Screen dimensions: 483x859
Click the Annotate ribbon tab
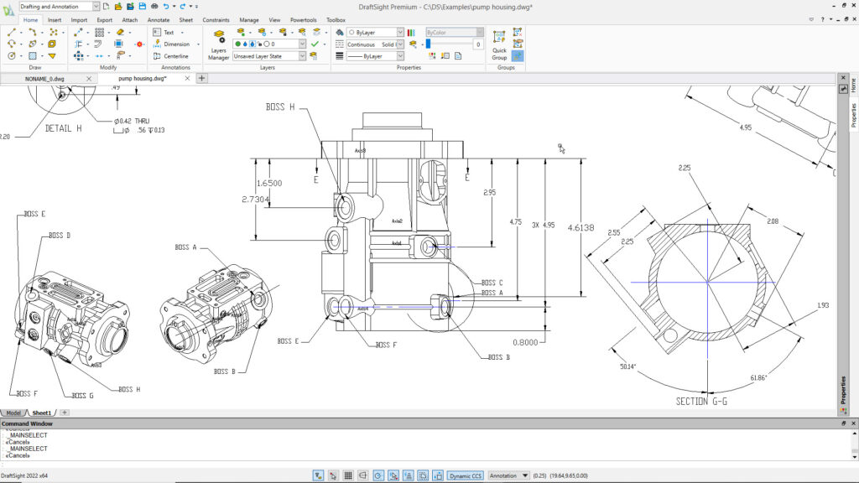click(158, 19)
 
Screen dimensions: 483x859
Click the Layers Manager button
click(219, 47)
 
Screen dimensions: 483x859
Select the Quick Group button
click(499, 47)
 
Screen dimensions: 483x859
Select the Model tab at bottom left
click(13, 413)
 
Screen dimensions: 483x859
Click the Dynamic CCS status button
click(465, 475)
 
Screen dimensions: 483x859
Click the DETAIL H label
click(64, 128)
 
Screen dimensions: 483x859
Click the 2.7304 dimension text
click(255, 200)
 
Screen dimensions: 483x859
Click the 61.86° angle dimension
click(760, 378)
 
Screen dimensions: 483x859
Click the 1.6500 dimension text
click(268, 183)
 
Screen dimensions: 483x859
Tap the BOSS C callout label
click(492, 283)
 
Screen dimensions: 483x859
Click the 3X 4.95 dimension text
click(544, 225)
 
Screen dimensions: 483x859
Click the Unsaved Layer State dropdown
click(270, 56)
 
